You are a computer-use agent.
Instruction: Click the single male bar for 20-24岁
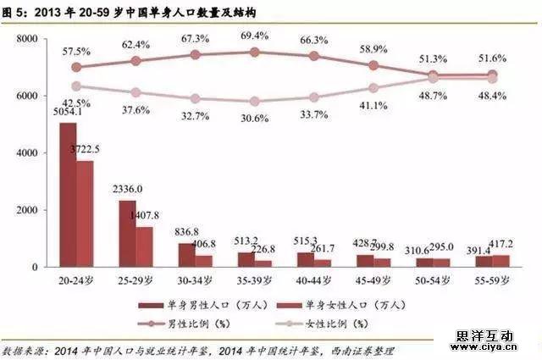tap(68, 195)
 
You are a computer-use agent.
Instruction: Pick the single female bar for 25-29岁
tap(145, 246)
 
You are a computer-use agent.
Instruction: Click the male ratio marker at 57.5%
tap(76, 67)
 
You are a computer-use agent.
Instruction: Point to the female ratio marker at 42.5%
tap(76, 86)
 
